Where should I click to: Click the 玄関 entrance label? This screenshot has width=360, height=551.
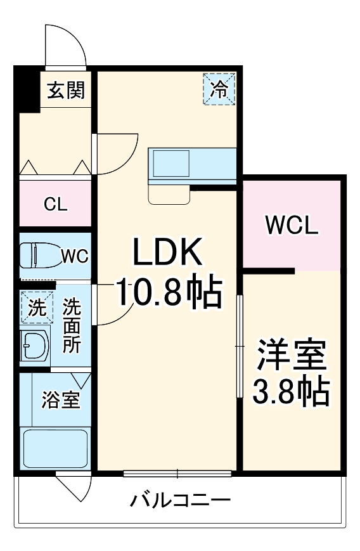[x=65, y=91]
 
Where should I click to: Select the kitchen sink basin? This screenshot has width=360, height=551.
[x=170, y=164]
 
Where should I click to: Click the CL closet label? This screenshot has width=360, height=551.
[x=56, y=204]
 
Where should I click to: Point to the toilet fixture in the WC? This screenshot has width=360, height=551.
[x=38, y=256]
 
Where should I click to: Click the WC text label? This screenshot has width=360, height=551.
[x=74, y=256]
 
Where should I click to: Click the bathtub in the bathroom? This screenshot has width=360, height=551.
[x=55, y=449]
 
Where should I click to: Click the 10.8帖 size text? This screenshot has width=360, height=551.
[x=168, y=293]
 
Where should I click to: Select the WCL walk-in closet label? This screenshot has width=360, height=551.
[x=292, y=225]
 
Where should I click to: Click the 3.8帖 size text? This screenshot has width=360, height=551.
[x=291, y=393]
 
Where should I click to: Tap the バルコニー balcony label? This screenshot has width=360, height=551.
[x=181, y=502]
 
